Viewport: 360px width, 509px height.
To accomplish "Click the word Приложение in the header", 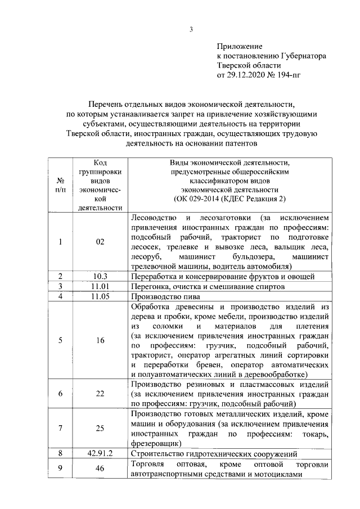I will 240,46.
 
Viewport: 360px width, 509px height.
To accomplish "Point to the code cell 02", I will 100,242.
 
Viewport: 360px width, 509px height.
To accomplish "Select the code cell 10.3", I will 100,276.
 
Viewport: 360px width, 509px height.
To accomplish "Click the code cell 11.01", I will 100,286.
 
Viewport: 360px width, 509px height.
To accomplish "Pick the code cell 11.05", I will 100,296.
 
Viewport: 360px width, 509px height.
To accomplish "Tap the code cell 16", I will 100,340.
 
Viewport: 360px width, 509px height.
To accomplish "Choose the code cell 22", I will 100,394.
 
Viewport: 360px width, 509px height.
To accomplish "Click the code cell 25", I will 100,428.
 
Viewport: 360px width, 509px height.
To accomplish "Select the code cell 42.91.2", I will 100,453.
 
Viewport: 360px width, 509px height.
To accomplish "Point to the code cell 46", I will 100,469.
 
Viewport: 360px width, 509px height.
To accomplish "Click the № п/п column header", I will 60,186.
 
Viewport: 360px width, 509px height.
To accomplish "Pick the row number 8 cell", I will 60,453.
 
